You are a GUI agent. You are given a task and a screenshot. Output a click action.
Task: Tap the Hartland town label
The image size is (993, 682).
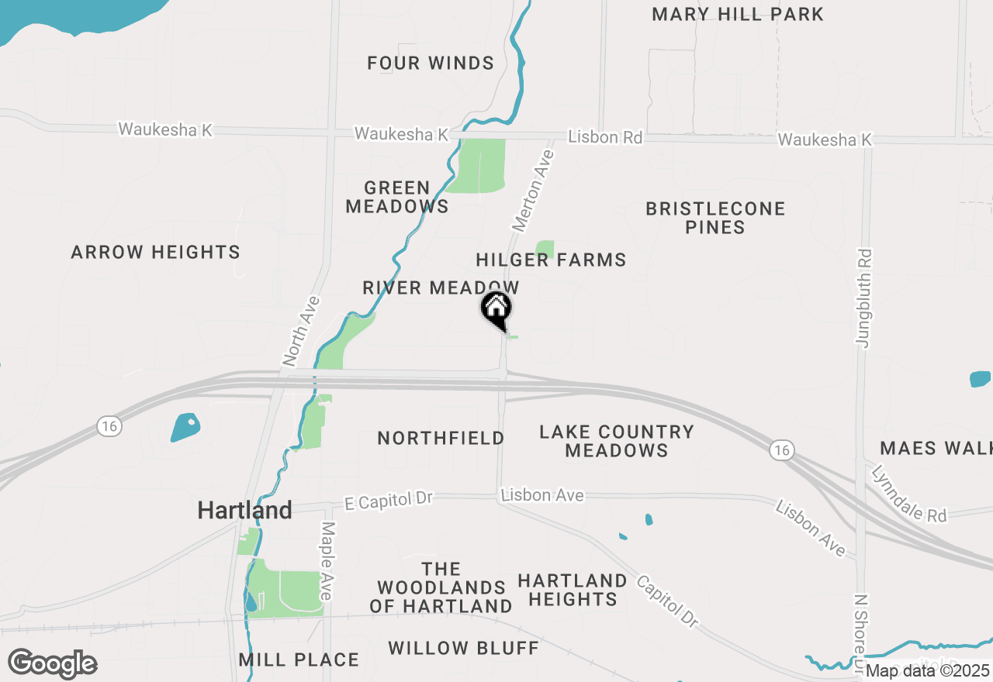tap(244, 510)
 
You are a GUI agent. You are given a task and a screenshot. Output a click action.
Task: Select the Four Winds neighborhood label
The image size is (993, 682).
tap(431, 64)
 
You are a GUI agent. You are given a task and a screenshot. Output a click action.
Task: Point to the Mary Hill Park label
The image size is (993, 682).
tap(737, 14)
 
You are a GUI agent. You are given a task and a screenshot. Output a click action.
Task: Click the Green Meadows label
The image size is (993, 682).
tap(397, 197)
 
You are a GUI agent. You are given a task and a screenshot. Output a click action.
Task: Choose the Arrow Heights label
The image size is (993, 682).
tap(155, 252)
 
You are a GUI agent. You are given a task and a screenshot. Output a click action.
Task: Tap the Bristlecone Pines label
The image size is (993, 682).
tap(715, 218)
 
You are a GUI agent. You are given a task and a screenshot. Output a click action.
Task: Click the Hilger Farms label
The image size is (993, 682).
tap(551, 260)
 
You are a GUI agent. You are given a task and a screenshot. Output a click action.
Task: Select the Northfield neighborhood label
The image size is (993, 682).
tap(441, 438)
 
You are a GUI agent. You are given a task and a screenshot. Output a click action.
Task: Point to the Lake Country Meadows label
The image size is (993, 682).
tap(617, 441)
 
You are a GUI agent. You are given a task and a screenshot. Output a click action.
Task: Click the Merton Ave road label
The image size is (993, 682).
tap(534, 191)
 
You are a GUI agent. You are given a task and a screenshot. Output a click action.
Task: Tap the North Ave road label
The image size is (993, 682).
tap(302, 330)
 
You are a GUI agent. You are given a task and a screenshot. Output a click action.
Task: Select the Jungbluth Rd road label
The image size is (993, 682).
tap(864, 298)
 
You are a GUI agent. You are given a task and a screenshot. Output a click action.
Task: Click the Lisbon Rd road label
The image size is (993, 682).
tap(605, 137)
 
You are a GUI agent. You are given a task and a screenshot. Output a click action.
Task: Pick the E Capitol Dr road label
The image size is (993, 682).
tap(388, 500)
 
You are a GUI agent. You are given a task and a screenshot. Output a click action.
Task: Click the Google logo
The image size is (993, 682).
tap(52, 664)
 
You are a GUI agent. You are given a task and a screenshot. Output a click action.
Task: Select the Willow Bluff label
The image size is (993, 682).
tap(463, 648)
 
